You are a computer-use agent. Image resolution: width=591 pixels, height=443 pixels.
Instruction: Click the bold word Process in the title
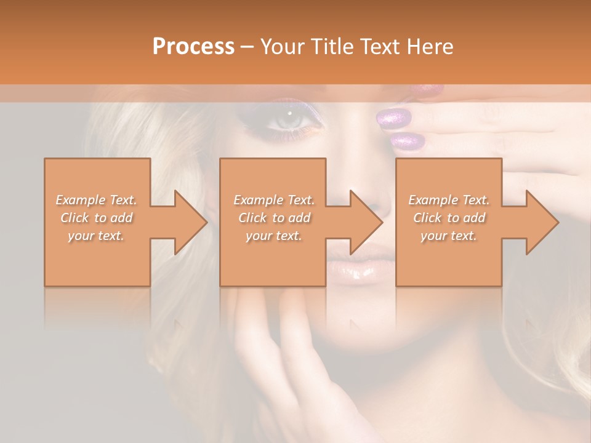pos(193,46)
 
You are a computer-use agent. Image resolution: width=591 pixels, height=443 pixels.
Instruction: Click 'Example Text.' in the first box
pos(97,200)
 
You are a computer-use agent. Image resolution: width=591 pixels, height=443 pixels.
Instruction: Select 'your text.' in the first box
pos(97,236)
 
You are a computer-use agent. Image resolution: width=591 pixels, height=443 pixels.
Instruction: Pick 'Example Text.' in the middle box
pos(274,200)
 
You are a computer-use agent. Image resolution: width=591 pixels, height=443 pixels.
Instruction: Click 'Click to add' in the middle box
pos(274,218)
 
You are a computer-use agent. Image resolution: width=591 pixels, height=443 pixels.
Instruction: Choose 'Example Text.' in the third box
pos(449,200)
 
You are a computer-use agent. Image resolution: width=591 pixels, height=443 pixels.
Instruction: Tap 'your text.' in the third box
pos(449,236)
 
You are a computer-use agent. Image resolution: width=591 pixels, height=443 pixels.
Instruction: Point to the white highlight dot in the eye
pos(289,113)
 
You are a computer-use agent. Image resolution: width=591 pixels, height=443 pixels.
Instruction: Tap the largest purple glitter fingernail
pos(394,118)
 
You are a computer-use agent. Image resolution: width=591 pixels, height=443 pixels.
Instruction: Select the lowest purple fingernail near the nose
pos(406,141)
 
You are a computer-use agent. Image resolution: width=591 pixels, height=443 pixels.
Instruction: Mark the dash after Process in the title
pos(247,47)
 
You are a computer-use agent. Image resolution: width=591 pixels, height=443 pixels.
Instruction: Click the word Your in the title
pos(283,46)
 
